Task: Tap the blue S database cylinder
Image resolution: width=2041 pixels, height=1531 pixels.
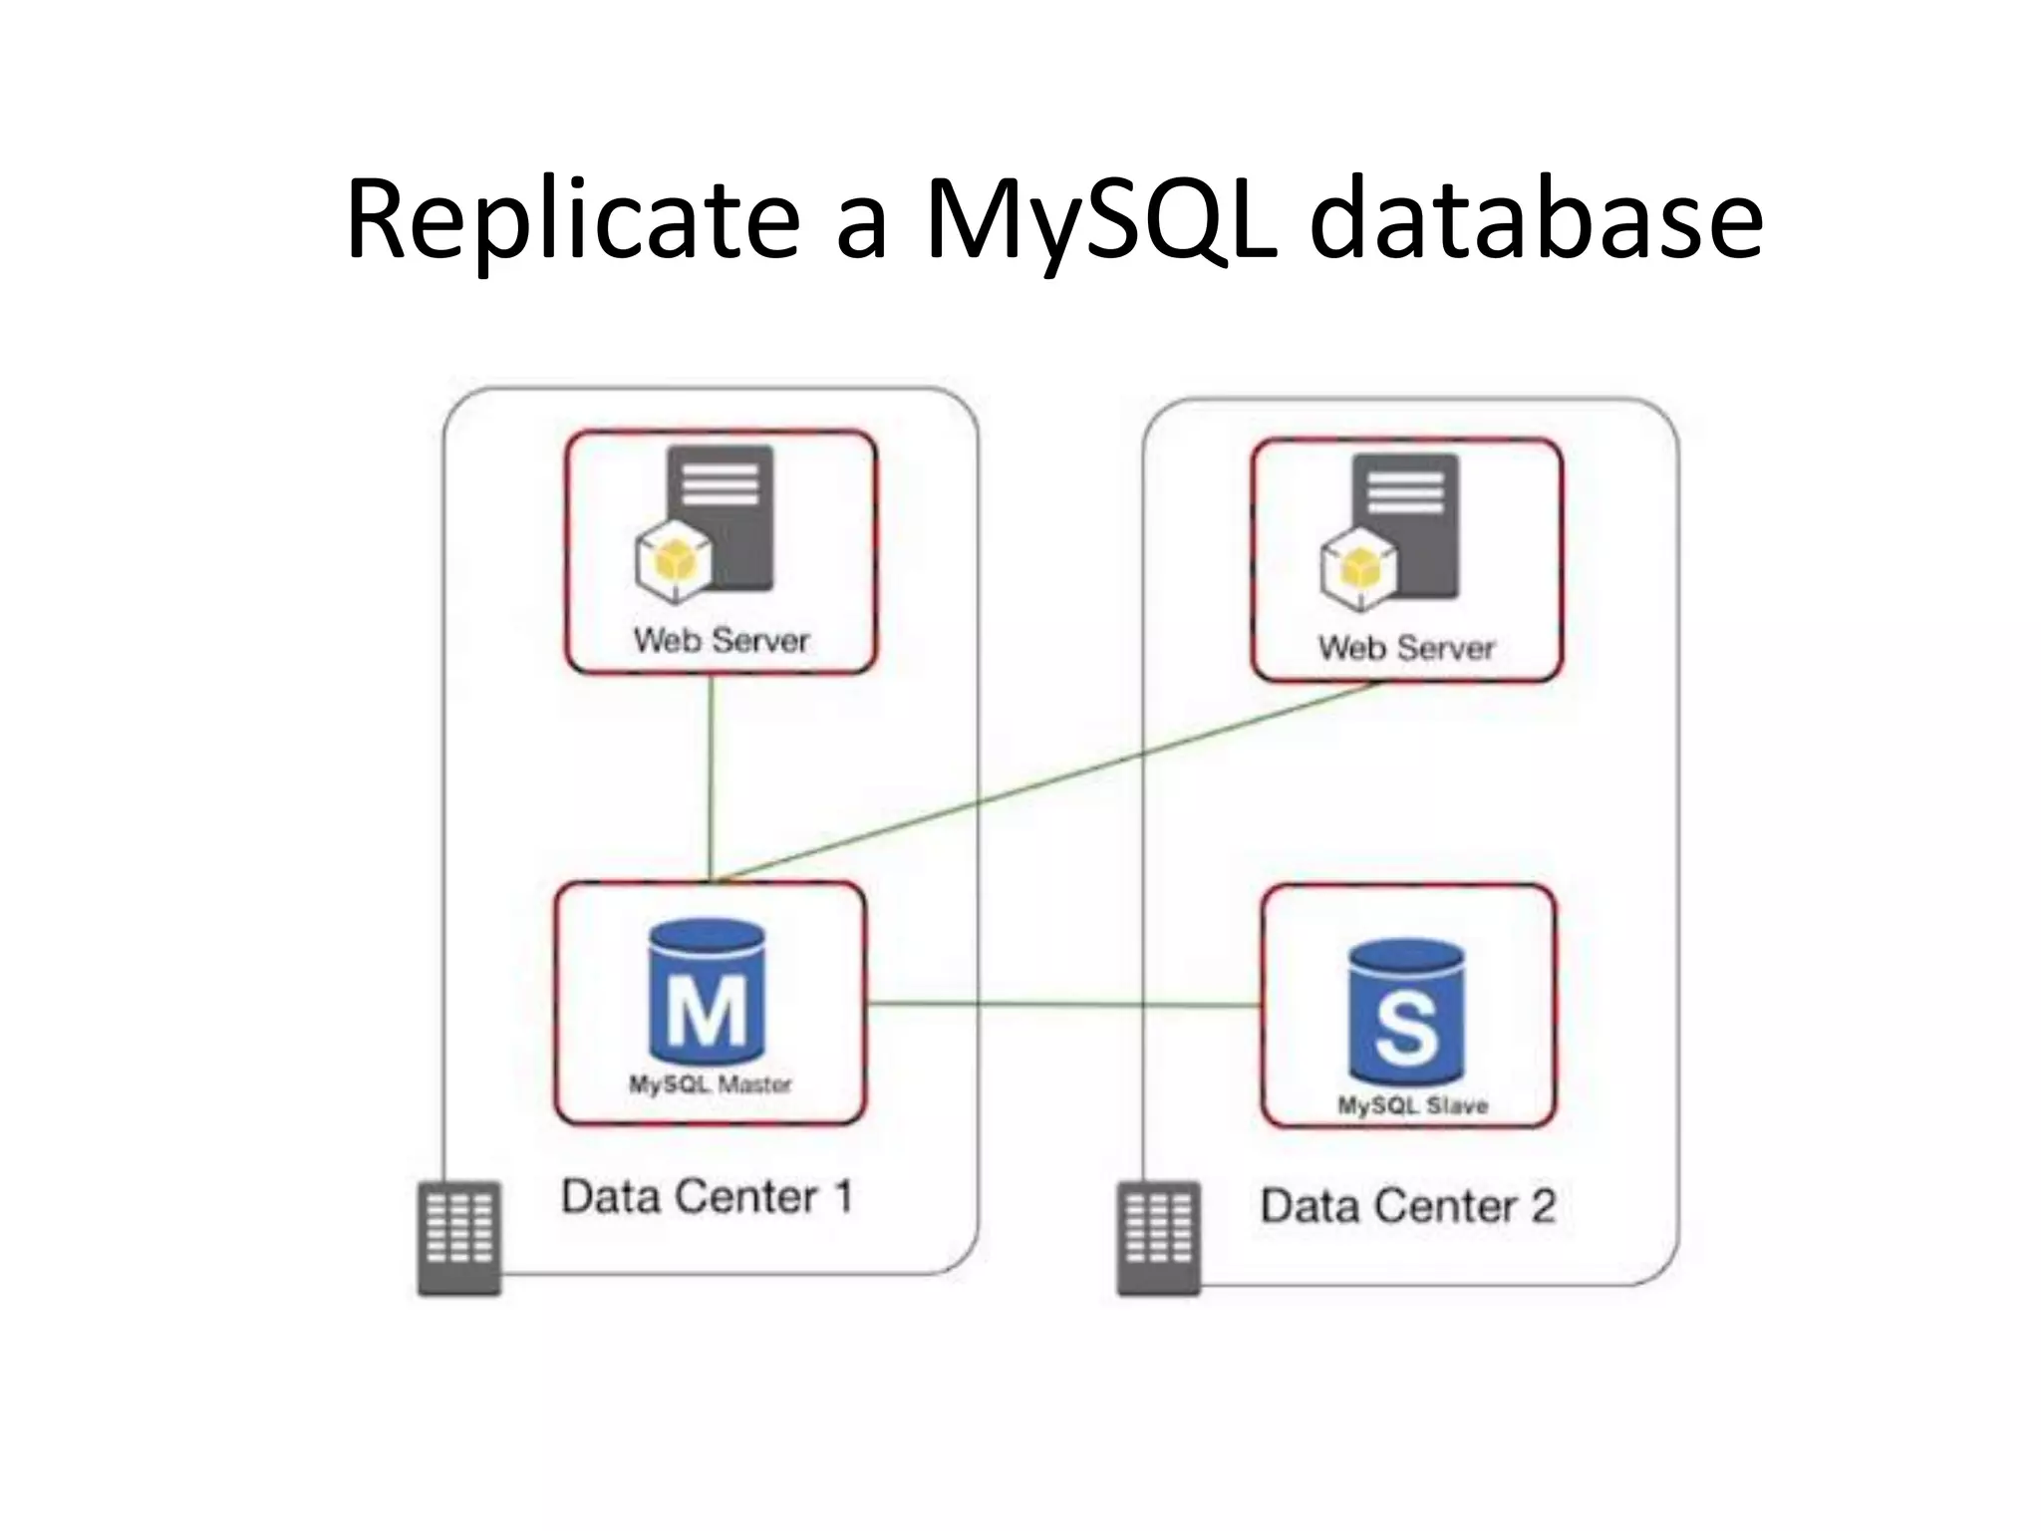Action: pyautogui.click(x=1406, y=1012)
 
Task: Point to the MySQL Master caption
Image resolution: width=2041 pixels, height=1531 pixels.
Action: pyautogui.click(x=710, y=1084)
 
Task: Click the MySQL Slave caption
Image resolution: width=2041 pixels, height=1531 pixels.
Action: pyautogui.click(x=1412, y=1105)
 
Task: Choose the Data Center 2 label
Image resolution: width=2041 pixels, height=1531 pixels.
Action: pyautogui.click(x=1407, y=1206)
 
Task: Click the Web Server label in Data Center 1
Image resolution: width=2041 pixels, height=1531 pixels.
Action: pyautogui.click(x=722, y=640)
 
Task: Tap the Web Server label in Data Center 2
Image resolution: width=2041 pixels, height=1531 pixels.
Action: pyautogui.click(x=1406, y=649)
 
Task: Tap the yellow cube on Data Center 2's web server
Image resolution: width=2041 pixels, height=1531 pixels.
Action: pyautogui.click(x=1357, y=569)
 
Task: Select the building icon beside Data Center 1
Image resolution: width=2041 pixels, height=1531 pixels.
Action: pyautogui.click(x=458, y=1237)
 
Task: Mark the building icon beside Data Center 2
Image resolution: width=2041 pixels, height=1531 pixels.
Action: pyautogui.click(x=1158, y=1238)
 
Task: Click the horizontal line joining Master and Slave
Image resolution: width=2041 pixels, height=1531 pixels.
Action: pyautogui.click(x=1061, y=1004)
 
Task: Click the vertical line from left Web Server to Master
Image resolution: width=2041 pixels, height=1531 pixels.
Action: pyautogui.click(x=711, y=777)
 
